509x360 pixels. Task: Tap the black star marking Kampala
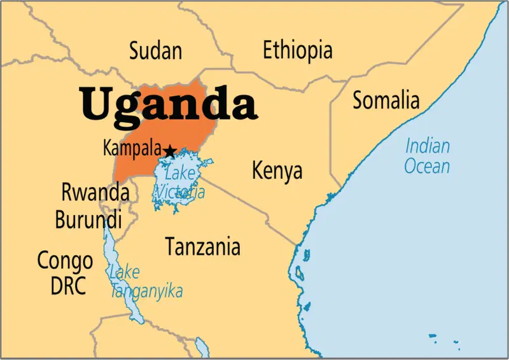170,151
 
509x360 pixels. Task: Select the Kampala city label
132,149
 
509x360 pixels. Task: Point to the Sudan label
155,52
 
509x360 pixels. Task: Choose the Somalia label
386,100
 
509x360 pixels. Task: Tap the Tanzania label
203,246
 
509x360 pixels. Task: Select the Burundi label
88,220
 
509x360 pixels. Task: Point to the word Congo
65,260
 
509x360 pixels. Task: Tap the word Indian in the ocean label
428,146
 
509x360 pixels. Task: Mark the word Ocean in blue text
428,167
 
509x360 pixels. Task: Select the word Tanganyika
146,291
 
